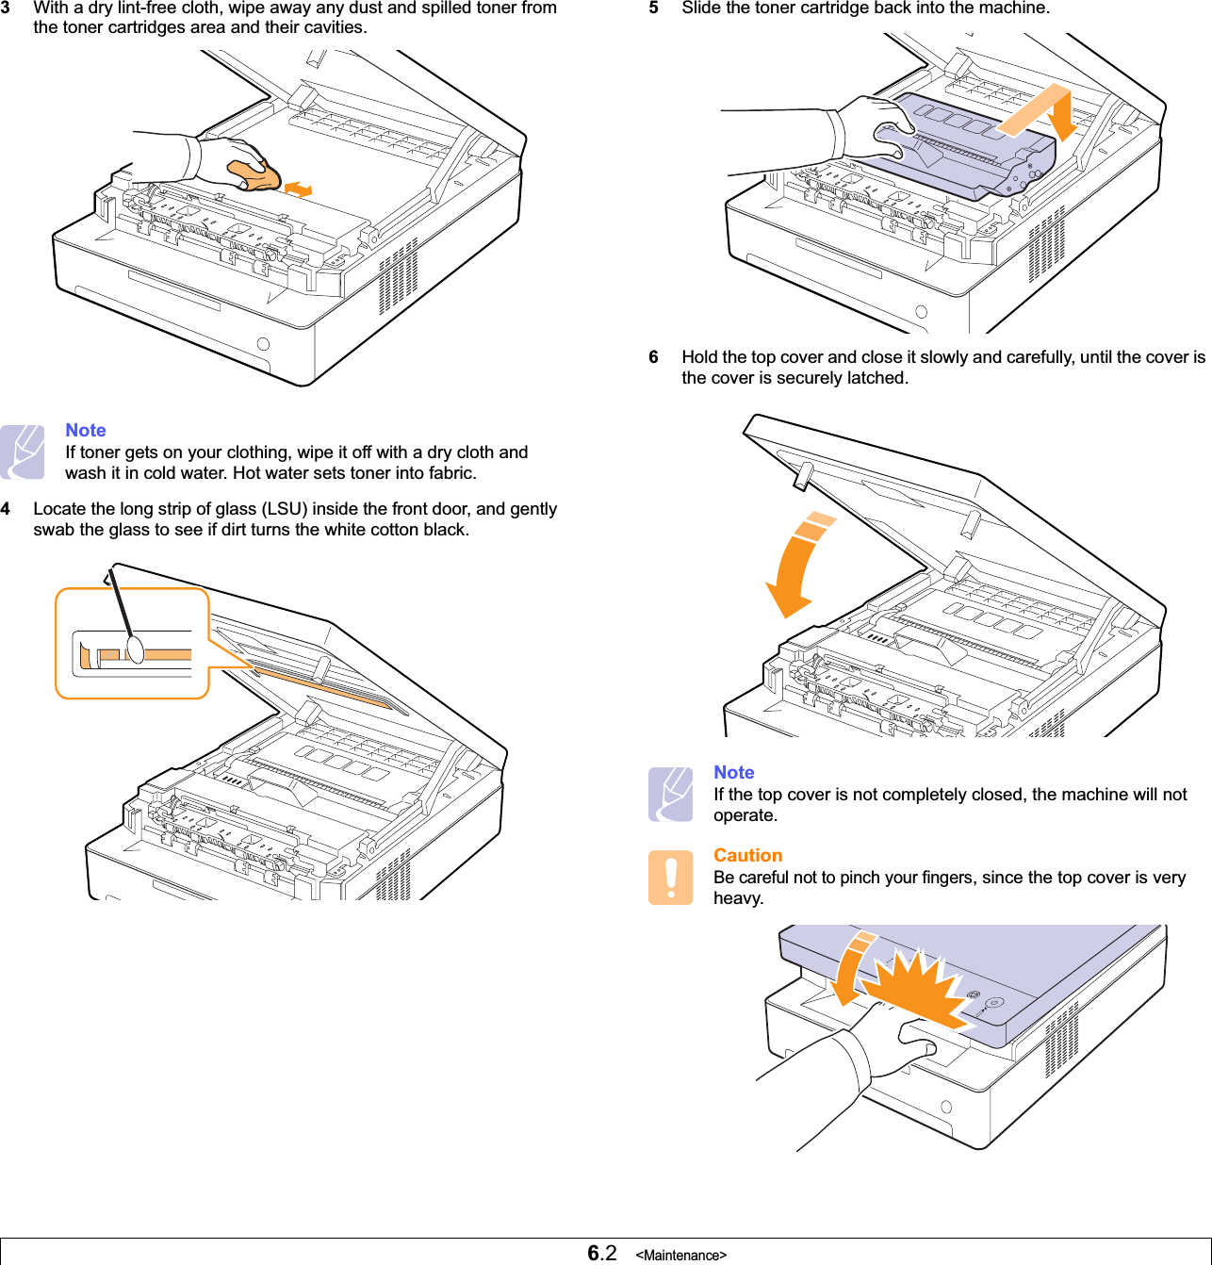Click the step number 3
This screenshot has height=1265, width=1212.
6,8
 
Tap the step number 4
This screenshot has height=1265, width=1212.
6,509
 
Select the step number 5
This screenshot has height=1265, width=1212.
653,8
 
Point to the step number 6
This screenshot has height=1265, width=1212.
653,357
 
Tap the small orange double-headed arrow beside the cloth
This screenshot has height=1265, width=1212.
298,189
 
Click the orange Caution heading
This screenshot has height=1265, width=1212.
747,855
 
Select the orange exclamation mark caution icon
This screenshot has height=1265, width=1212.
670,878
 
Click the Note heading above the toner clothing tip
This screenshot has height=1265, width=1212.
85,430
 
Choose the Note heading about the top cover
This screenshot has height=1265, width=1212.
733,772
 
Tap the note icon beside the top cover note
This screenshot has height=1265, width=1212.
670,795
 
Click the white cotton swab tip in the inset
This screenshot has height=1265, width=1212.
136,649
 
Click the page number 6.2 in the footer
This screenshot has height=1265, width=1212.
601,1253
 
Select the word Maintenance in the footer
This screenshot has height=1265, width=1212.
680,1256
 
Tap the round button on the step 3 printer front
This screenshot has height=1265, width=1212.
263,344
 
